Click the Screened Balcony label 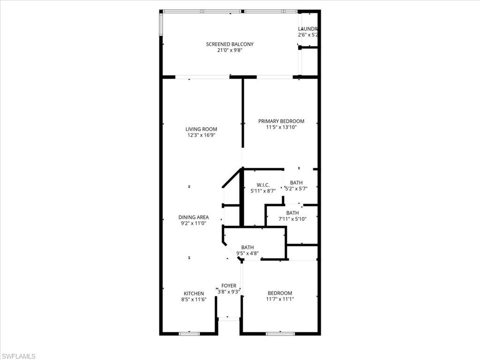click(x=230, y=45)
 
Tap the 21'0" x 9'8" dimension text click(x=230, y=51)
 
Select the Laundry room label click(x=308, y=29)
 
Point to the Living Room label click(x=201, y=129)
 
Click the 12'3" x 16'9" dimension click(x=201, y=135)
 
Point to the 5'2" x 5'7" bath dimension click(x=296, y=189)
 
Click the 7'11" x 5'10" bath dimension click(x=292, y=219)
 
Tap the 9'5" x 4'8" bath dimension click(x=247, y=254)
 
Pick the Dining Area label click(x=194, y=217)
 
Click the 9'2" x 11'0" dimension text click(x=194, y=224)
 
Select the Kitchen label click(x=194, y=293)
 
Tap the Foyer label click(x=229, y=285)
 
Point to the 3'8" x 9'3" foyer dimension click(x=229, y=292)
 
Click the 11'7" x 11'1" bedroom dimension click(x=279, y=299)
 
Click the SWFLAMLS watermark click(x=18, y=356)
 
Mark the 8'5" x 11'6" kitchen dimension click(x=194, y=300)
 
